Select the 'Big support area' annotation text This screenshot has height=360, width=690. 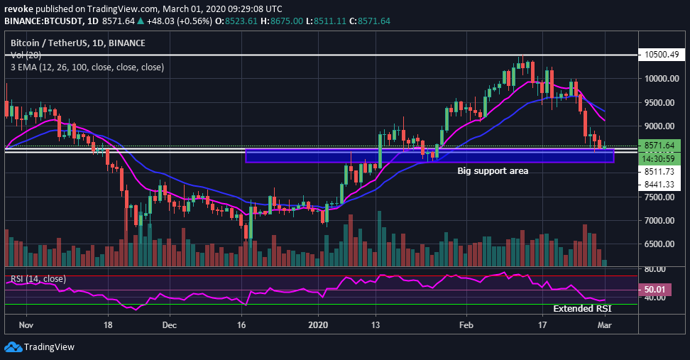point(492,170)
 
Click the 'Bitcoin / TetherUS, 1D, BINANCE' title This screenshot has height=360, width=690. point(78,43)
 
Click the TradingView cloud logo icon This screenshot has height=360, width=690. point(13,347)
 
